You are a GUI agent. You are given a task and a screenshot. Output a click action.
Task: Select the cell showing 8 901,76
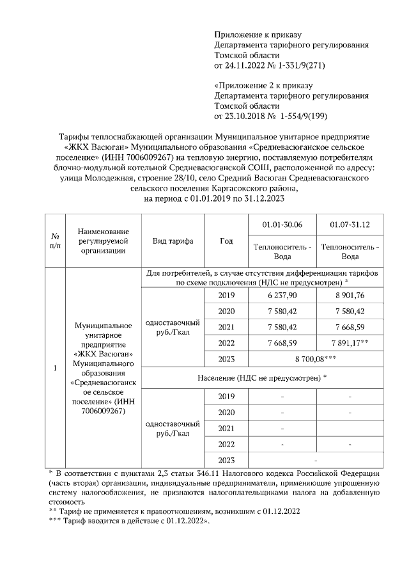(350, 295)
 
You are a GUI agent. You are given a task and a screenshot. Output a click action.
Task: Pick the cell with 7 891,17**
(350, 343)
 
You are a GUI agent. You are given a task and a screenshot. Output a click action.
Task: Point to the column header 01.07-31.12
(350, 226)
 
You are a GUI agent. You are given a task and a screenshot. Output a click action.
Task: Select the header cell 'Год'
(226, 241)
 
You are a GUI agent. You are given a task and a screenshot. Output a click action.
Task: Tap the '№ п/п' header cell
(55, 241)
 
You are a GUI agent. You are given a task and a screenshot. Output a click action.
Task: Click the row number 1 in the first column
(55, 369)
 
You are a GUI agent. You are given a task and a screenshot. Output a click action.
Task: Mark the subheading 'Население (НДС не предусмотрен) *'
(263, 377)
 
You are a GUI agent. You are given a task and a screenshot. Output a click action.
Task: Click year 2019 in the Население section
(226, 397)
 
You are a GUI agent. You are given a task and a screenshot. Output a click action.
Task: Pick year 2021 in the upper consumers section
(226, 327)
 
